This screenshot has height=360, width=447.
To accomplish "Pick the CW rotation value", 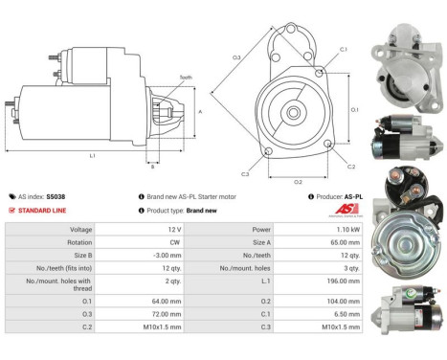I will click(161, 243).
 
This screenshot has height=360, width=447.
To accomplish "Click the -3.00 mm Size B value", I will click(161, 257).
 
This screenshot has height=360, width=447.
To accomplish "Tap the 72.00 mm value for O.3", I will click(160, 312).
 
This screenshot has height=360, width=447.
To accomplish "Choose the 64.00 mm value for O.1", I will click(160, 299).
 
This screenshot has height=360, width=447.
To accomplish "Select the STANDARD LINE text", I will click(42, 210).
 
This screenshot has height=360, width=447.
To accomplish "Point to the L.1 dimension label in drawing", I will click(91, 154).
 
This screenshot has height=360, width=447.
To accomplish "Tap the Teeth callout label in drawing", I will click(185, 77).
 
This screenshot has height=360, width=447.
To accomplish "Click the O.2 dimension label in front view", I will click(298, 181).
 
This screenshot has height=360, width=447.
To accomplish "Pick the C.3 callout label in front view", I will click(245, 174).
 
